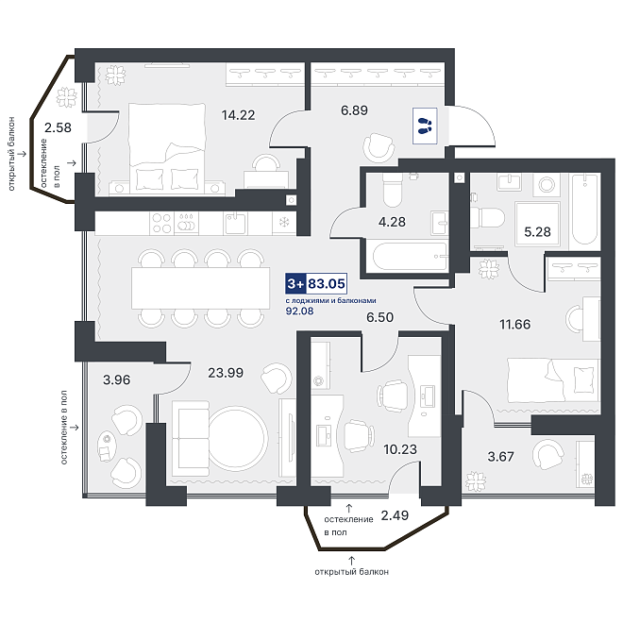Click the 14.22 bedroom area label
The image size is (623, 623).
coord(238,115)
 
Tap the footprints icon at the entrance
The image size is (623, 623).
coord(425,126)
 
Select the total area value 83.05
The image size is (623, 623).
coord(327,284)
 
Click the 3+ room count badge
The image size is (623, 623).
coord(295,284)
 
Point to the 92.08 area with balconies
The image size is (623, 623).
coord(299,311)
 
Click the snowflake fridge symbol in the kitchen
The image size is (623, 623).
coord(284,223)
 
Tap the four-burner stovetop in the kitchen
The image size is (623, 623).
coord(161,223)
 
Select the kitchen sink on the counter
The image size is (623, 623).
coord(235,224)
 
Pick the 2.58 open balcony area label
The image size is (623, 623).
coord(58,127)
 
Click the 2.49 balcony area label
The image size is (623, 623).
coord(395,515)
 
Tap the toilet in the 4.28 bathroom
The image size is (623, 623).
coord(392,190)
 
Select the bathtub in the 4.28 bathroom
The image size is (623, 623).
coord(410,257)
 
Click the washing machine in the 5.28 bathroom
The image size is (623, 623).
coord(547,184)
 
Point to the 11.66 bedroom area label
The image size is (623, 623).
coord(515,324)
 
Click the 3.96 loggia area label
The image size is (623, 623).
coord(116,379)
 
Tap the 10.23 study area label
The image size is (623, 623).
coord(400,449)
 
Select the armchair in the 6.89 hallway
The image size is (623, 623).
coord(379,147)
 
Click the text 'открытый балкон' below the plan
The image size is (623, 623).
coord(352,572)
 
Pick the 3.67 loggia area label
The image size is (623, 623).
coord(500,457)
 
